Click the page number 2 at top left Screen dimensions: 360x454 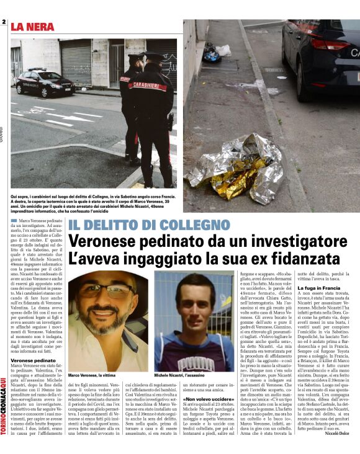4,24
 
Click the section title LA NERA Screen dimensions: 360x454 33,26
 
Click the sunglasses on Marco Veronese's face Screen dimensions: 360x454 107,291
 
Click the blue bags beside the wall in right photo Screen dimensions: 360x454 212,53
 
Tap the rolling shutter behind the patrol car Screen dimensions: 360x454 76,61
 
